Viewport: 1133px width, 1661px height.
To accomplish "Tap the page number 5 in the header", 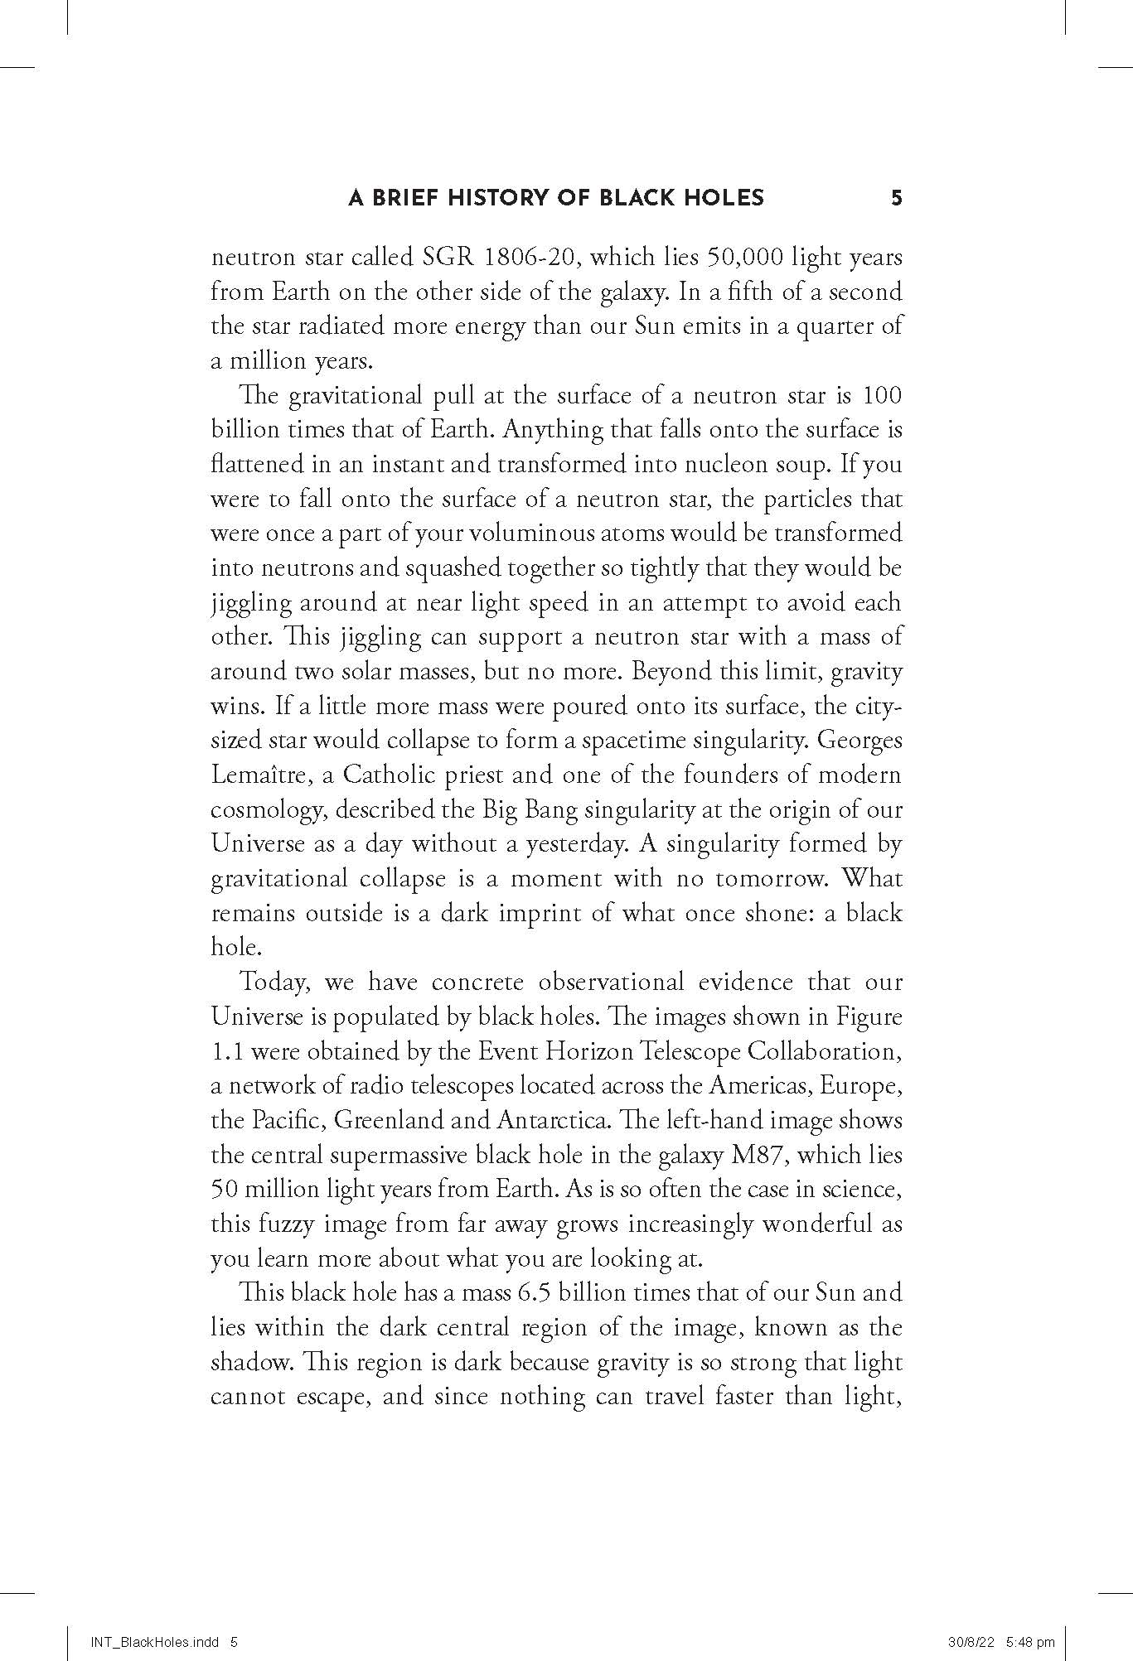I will [x=895, y=197].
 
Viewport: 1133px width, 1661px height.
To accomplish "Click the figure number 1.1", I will [x=227, y=1051].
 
